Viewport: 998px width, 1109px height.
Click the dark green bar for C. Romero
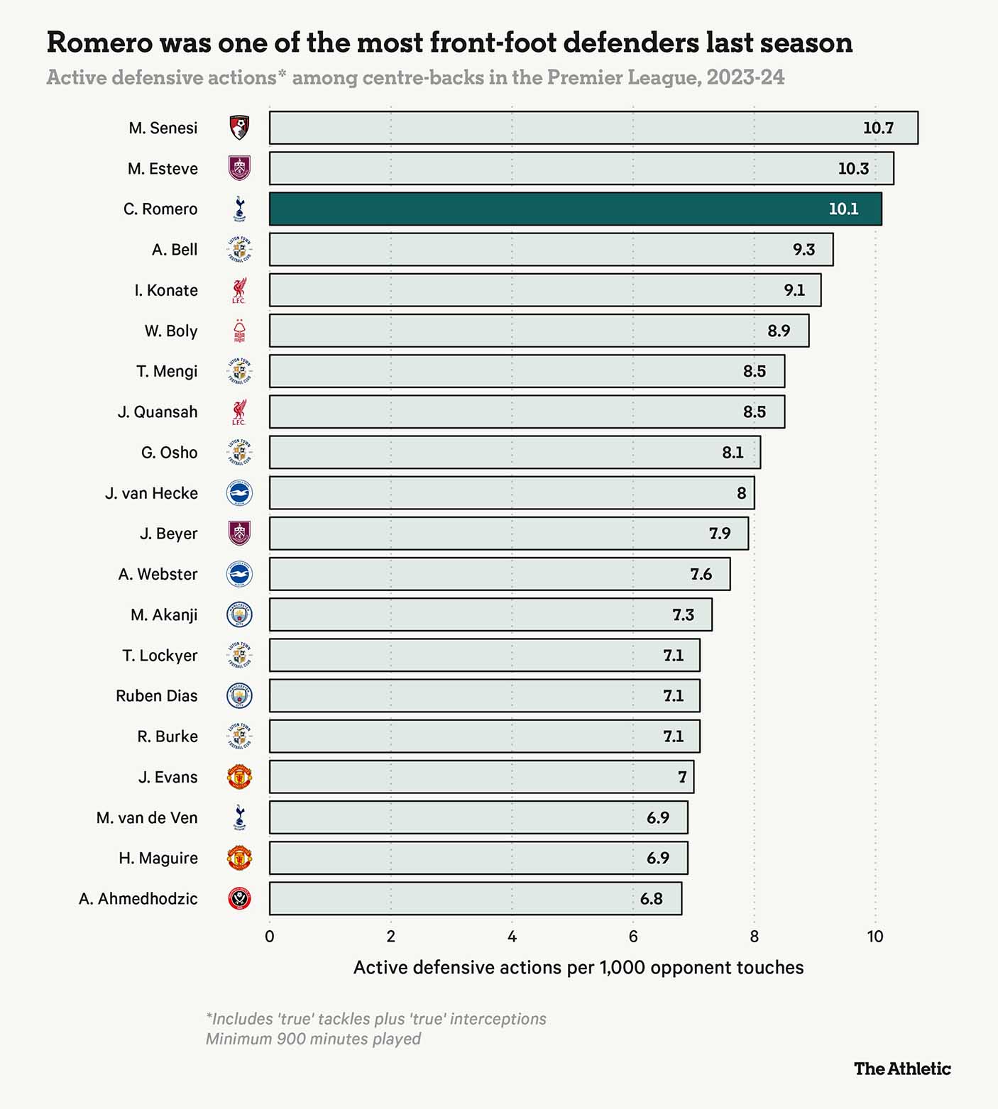tap(575, 209)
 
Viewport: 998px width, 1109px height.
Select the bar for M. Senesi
tap(593, 128)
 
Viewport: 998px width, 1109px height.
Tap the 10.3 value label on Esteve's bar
tap(853, 169)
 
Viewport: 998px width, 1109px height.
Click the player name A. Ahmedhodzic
tap(138, 899)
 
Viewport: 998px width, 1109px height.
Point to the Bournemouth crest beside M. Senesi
tap(240, 128)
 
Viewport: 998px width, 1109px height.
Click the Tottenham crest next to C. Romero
tap(240, 209)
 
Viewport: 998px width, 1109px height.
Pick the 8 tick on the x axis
tap(754, 937)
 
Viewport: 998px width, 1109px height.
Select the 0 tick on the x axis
tap(270, 937)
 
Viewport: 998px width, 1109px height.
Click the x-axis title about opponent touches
tap(578, 968)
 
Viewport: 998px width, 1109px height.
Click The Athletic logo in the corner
tap(902, 1069)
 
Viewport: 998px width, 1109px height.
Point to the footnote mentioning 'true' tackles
tap(376, 1019)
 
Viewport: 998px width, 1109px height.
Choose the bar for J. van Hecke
tap(511, 493)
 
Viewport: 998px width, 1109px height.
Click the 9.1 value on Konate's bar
tap(794, 290)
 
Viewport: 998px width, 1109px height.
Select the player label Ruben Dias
tap(157, 696)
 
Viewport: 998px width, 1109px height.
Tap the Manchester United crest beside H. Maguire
tap(240, 859)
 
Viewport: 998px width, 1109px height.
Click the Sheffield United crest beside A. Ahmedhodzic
tap(240, 899)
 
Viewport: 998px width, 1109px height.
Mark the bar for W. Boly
tap(539, 331)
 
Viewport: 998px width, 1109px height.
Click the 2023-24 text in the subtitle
tap(745, 77)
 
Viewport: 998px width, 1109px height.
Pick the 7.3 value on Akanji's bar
tap(683, 615)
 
